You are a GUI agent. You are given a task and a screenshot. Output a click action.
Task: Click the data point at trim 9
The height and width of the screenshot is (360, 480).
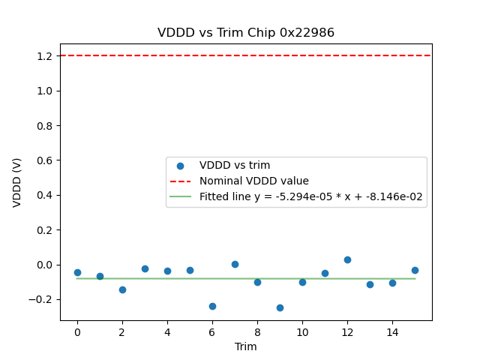[280, 307]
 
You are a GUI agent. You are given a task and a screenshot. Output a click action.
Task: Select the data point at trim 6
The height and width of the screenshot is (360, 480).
[212, 306]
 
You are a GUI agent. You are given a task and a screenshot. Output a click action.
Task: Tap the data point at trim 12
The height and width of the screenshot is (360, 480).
[347, 259]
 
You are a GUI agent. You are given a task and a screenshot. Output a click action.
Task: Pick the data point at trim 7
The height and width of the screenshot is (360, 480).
[235, 264]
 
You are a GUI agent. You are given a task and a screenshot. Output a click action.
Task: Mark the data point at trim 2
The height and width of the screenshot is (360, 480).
[122, 289]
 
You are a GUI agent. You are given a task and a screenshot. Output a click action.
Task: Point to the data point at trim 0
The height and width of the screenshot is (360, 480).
[77, 272]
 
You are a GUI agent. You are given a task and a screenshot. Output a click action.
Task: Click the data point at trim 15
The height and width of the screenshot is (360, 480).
[415, 270]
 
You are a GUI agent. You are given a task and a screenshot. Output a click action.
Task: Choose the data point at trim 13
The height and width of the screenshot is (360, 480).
[370, 284]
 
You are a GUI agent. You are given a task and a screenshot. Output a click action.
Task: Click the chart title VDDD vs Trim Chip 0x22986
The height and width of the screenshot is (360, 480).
[246, 33]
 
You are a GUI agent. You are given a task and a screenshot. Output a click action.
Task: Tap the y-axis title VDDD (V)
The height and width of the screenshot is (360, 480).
[17, 182]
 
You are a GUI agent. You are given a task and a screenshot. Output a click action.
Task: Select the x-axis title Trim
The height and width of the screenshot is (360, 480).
[246, 346]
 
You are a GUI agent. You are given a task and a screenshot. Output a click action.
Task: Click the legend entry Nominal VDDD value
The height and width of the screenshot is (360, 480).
[253, 181]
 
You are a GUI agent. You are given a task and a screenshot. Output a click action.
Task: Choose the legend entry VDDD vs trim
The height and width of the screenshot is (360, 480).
[234, 165]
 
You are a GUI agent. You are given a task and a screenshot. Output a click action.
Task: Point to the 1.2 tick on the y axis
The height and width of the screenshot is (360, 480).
[43, 56]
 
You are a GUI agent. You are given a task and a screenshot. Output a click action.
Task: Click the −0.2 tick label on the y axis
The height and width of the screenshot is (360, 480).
[40, 299]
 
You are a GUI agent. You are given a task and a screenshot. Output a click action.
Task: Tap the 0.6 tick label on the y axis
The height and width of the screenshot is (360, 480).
[43, 160]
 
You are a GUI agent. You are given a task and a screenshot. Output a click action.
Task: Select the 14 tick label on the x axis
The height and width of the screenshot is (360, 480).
[392, 331]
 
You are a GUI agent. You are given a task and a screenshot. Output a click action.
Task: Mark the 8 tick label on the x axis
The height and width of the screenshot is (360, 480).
[257, 331]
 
